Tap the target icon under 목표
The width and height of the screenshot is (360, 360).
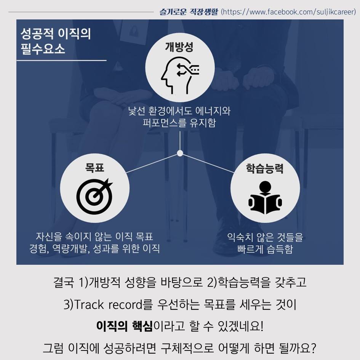[x=94, y=195]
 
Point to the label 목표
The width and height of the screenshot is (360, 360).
[x=94, y=168]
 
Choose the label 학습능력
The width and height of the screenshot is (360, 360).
[x=265, y=169]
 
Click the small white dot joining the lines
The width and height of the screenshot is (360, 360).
[x=180, y=153]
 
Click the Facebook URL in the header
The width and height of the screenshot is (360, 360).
[x=288, y=12]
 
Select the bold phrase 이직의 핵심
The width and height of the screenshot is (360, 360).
[x=124, y=326]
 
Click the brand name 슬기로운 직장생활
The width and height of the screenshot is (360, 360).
[x=189, y=12]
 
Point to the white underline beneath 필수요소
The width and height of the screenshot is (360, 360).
[x=61, y=60]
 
